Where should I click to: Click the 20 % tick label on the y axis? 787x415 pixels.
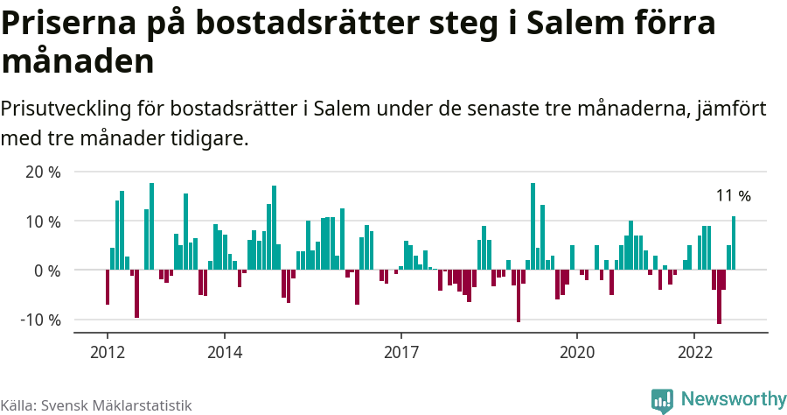(x=43, y=172)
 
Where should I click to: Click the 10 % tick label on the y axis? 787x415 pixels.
(x=43, y=222)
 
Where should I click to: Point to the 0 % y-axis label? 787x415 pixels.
(x=47, y=271)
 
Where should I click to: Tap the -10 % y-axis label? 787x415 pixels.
(x=40, y=320)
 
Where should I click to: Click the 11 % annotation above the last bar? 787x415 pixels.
(x=733, y=196)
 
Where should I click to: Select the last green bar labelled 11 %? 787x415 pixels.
(x=734, y=243)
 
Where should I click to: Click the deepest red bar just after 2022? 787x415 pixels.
(x=719, y=297)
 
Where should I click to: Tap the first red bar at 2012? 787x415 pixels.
(x=108, y=287)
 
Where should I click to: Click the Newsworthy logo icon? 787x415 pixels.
(x=662, y=400)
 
